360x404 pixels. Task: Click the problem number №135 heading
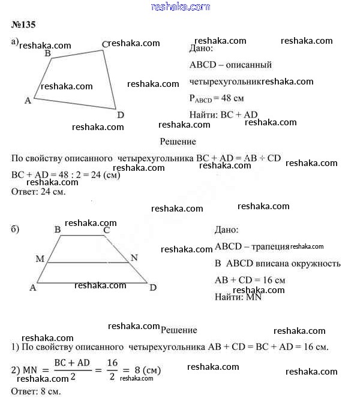[x=23, y=26]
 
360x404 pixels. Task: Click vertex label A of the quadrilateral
[x=28, y=101]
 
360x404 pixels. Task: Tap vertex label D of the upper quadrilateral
[x=121, y=114]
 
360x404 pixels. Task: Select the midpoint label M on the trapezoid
[x=40, y=258]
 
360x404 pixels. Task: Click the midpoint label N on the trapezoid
[x=134, y=258]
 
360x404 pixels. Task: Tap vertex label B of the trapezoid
[x=58, y=230]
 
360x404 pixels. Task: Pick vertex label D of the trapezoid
[x=153, y=288]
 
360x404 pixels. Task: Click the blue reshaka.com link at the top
[x=179, y=7]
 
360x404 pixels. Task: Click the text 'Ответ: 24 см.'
[x=38, y=192]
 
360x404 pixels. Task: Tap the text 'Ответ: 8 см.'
[x=36, y=391]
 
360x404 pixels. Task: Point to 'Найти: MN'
[x=239, y=296]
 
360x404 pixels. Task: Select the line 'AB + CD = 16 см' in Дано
[x=250, y=280]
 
